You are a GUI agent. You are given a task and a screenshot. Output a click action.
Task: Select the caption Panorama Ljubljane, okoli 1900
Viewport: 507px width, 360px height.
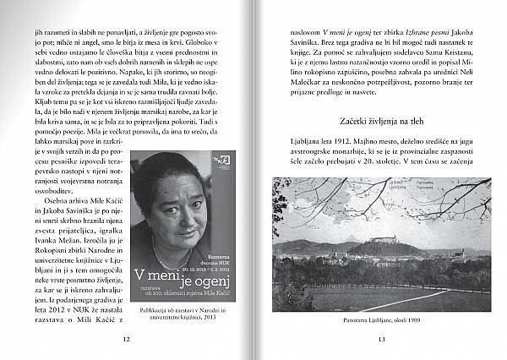tap(382, 320)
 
